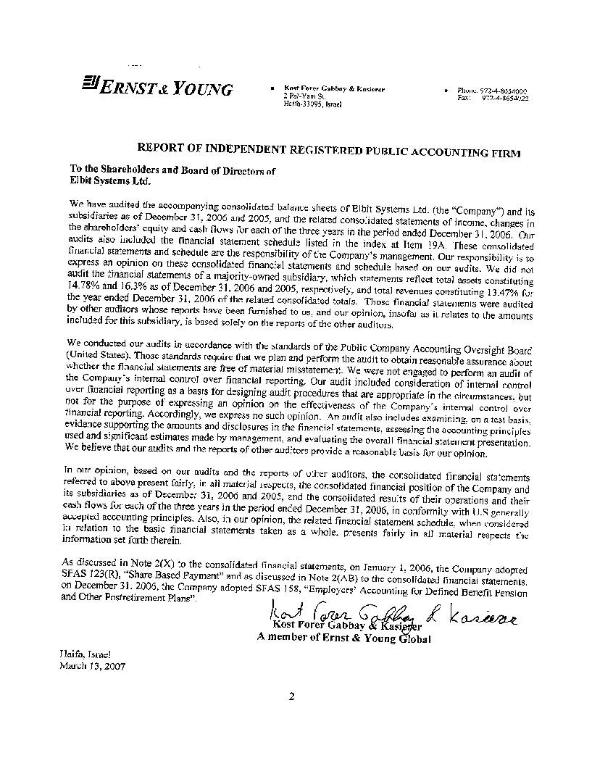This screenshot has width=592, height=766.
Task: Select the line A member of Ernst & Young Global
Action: click(x=343, y=638)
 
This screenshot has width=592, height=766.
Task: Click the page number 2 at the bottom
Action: click(x=291, y=697)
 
